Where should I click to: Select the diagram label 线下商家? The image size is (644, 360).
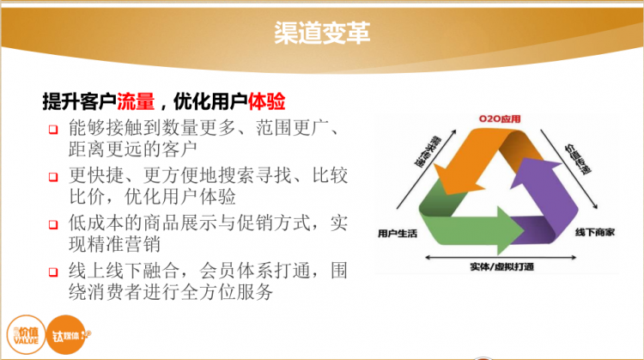coord(593,232)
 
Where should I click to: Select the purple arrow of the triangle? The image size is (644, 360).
coord(550,189)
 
